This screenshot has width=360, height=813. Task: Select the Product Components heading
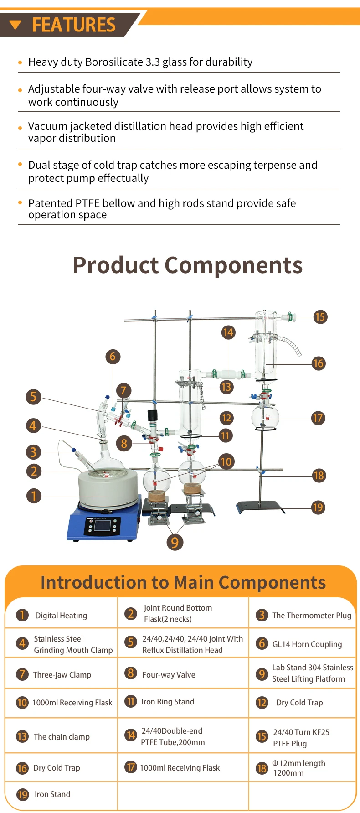click(188, 265)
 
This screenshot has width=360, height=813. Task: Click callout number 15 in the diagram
click(320, 317)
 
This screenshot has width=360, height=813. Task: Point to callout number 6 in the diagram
click(113, 357)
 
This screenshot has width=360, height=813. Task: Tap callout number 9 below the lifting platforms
click(175, 542)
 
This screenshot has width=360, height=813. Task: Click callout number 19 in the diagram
click(318, 507)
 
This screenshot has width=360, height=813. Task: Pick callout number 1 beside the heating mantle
click(34, 496)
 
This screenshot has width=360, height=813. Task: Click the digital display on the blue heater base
click(102, 526)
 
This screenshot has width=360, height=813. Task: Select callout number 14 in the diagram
click(228, 332)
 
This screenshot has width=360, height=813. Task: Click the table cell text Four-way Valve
click(169, 675)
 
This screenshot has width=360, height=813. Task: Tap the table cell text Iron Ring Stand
click(168, 702)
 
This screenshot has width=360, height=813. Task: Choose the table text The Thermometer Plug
click(312, 616)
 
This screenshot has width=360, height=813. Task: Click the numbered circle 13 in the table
click(22, 736)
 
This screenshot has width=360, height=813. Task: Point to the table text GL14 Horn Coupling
click(307, 644)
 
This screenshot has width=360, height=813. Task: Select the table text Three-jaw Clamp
click(62, 675)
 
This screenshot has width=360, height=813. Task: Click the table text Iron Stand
click(52, 794)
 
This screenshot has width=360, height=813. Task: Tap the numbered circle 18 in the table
click(262, 768)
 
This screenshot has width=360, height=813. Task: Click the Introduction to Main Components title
click(183, 583)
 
